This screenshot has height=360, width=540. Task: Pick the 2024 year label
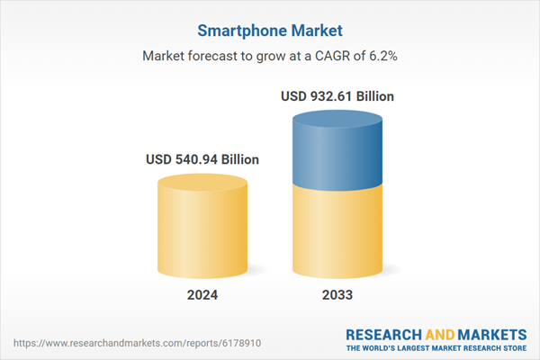click(x=202, y=295)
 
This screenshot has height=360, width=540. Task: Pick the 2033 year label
click(x=337, y=295)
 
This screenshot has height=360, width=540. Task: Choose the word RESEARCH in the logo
click(x=386, y=334)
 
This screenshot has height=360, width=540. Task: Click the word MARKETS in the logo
click(x=490, y=334)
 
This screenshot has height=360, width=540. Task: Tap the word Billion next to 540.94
click(x=240, y=159)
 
